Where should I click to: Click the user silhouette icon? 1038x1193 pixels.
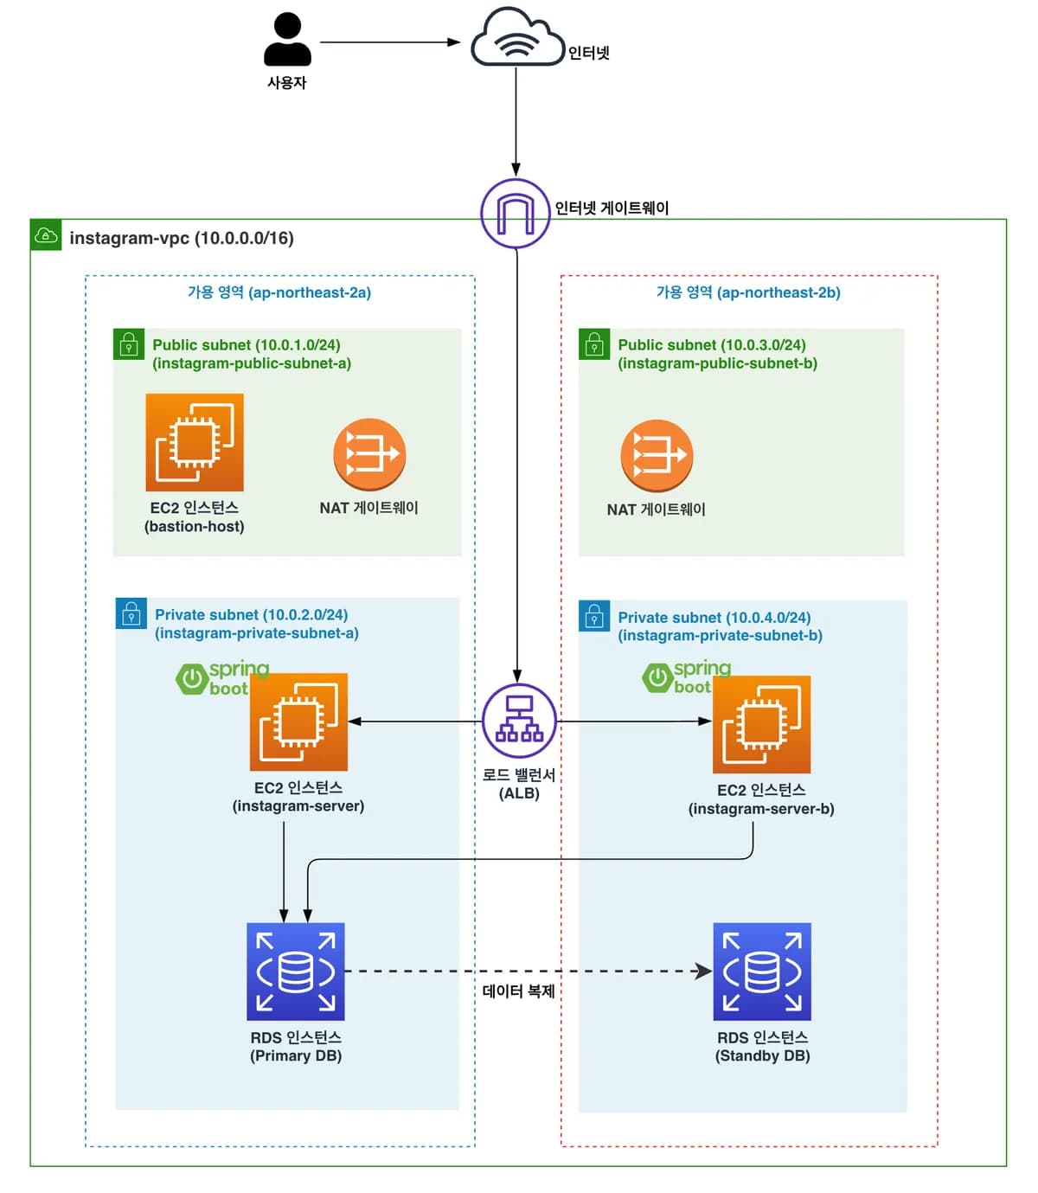coord(286,39)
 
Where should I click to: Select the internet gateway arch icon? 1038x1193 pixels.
coord(516,213)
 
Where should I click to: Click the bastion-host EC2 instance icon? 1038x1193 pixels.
coord(194,442)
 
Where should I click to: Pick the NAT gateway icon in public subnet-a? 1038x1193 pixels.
coord(369,454)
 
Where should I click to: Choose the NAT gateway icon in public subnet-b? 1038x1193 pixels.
coord(657,455)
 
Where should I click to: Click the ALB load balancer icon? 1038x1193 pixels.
coord(519,721)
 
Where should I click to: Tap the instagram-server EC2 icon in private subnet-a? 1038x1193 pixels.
coord(298,722)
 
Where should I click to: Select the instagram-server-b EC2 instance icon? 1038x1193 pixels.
coord(761,724)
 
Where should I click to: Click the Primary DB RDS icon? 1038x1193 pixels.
coord(296,972)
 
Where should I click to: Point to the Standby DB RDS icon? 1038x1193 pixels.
coord(762,972)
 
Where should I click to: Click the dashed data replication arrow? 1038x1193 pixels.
coord(528,972)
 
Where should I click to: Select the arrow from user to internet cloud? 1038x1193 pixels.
coord(390,42)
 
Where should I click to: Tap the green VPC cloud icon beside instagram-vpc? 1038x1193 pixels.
coord(46,235)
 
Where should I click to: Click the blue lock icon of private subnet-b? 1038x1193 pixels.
coord(594,616)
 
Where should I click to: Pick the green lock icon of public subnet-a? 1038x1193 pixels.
coord(129,344)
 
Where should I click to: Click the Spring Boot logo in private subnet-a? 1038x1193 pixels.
coord(222,679)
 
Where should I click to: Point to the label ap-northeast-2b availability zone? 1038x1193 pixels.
coord(748,292)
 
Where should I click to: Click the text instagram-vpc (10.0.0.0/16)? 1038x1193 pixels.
coord(182,238)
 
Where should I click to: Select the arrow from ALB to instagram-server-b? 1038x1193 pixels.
coord(634,722)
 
